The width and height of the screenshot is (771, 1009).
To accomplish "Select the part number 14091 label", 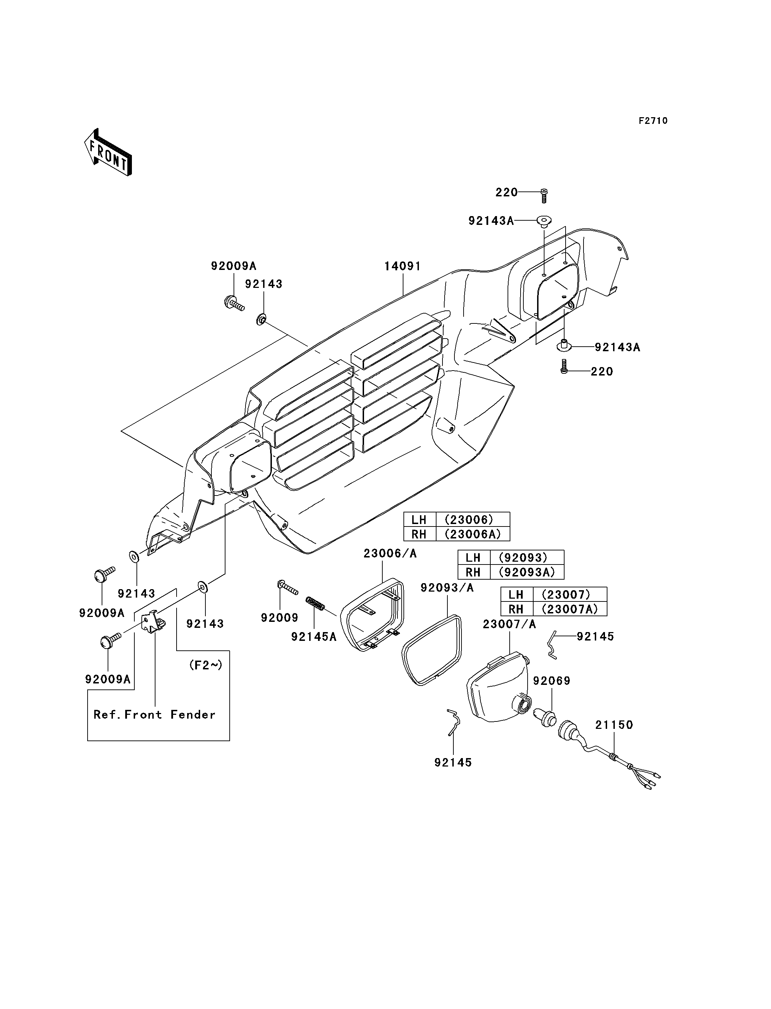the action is (x=402, y=266).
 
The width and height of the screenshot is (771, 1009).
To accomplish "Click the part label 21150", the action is (x=614, y=725).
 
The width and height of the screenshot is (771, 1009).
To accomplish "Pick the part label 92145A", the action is (x=314, y=637).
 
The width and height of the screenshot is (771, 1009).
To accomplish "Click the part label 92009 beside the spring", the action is (x=280, y=618).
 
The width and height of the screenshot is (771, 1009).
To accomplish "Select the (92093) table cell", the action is (x=527, y=557).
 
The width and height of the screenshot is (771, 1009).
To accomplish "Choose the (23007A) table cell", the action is (x=569, y=609).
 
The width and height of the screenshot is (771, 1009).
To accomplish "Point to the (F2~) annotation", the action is (x=206, y=665).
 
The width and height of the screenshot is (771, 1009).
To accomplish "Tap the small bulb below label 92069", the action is (x=545, y=717).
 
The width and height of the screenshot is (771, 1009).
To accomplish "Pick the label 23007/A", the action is (x=509, y=624).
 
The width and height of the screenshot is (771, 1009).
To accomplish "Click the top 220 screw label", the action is (x=506, y=193).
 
